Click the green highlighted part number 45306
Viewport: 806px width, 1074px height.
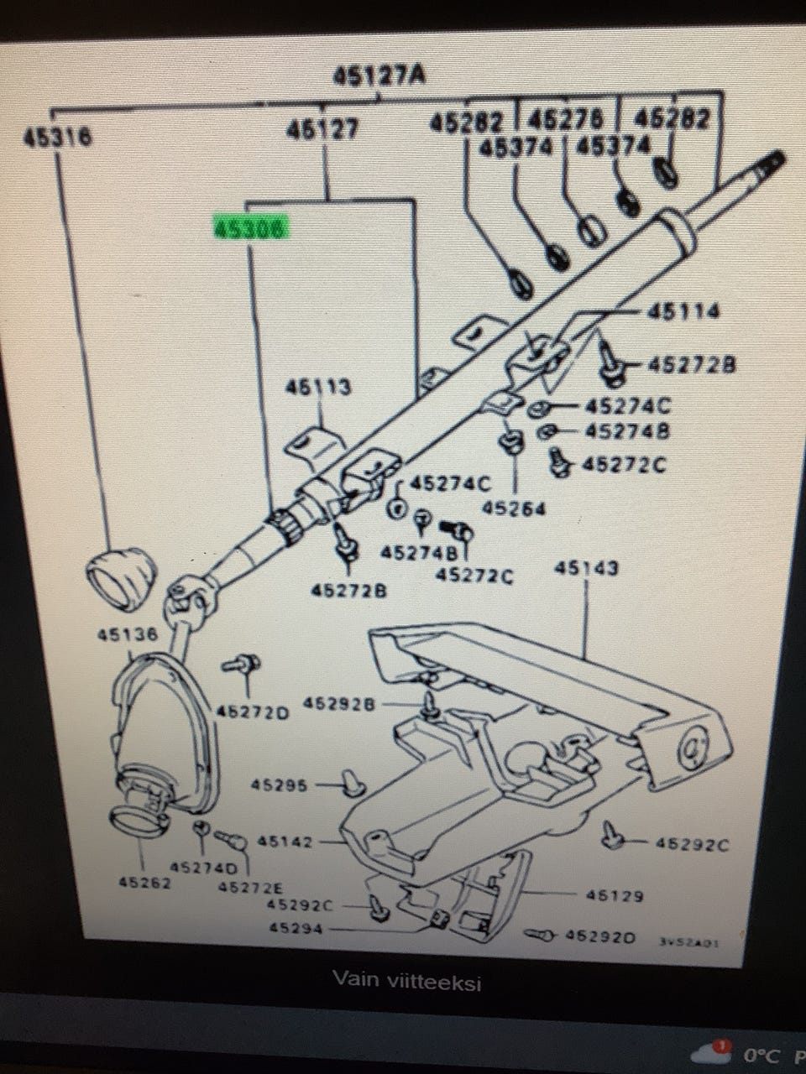coord(249,229)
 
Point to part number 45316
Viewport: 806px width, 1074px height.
coord(57,138)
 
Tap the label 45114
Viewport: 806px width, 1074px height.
coord(683,312)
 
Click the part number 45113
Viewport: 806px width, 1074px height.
coord(317,388)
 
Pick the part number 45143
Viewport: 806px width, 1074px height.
coord(585,568)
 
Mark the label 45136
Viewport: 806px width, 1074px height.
coord(126,635)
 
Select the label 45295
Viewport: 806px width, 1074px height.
coord(280,786)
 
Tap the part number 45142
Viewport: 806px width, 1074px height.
coord(285,841)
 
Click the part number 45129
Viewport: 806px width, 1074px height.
coord(615,896)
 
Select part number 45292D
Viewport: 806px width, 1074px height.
coord(600,935)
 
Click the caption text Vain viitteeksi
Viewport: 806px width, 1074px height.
coord(406,980)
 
